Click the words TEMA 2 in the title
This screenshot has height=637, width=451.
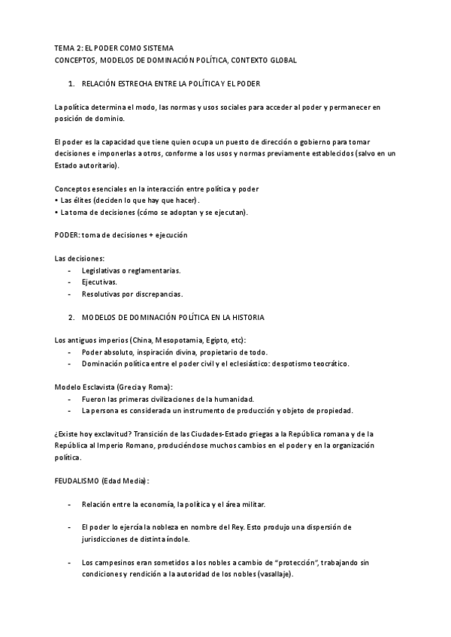coord(68,47)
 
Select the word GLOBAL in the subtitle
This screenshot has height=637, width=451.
coord(280,59)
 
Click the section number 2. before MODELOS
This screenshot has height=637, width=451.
coord(71,318)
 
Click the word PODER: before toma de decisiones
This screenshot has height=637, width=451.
coord(67,235)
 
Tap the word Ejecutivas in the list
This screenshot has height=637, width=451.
coord(99,282)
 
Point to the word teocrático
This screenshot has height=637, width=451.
coord(328,364)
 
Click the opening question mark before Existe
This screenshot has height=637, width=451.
coord(56,434)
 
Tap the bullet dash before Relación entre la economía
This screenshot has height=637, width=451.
coord(70,504)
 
